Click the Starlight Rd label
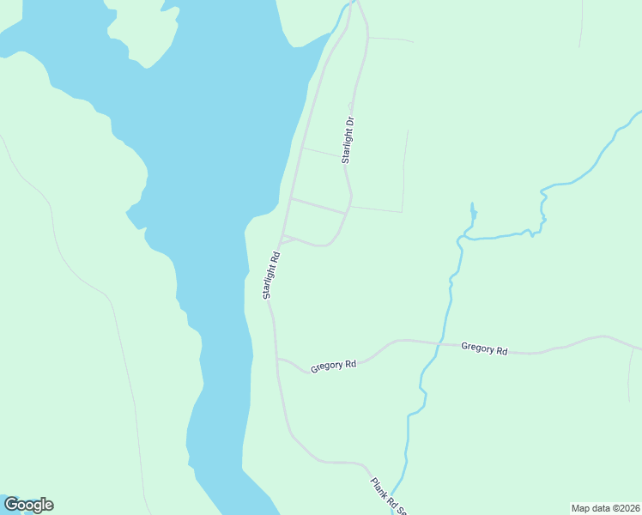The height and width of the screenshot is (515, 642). pyautogui.click(x=272, y=275)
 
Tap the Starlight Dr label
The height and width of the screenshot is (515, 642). pyautogui.click(x=348, y=140)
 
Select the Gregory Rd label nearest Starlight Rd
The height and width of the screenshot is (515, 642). pyautogui.click(x=334, y=365)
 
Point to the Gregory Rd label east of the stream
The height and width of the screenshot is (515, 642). pyautogui.click(x=484, y=348)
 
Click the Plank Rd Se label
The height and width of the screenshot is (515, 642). pyautogui.click(x=388, y=496)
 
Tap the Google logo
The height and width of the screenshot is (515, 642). pyautogui.click(x=28, y=505)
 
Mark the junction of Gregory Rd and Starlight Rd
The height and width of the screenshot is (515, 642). pyautogui.click(x=276, y=359)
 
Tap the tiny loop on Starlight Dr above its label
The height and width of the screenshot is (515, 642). pyautogui.click(x=351, y=106)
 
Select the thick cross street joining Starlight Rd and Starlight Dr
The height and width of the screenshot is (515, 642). pyautogui.click(x=318, y=206)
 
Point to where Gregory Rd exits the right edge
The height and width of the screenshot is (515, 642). pyautogui.click(x=639, y=348)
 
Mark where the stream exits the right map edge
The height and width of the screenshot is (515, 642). pyautogui.click(x=639, y=112)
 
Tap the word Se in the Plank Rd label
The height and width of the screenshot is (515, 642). pyautogui.click(x=400, y=509)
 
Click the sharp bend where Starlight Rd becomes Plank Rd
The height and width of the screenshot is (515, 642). pyautogui.click(x=294, y=438)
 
